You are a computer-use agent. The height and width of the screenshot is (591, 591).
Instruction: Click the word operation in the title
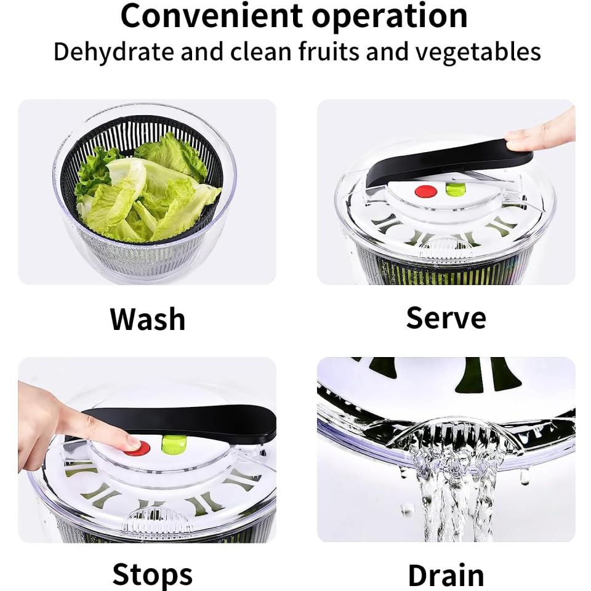[x=390, y=16]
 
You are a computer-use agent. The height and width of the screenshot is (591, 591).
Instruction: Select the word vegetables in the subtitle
[x=478, y=52]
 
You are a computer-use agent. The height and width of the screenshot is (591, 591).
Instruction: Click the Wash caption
[x=148, y=319]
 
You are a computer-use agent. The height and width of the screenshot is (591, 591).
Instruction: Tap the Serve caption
[x=446, y=318]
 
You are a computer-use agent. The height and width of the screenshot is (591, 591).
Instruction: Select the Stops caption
[x=152, y=574]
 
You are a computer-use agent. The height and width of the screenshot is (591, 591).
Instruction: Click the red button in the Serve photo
[x=425, y=191]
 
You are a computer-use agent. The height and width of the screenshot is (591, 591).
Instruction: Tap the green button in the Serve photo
[x=455, y=190]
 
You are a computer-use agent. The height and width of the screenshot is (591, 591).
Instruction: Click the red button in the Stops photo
[x=137, y=448]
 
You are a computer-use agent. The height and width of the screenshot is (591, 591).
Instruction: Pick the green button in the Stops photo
[x=174, y=444]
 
